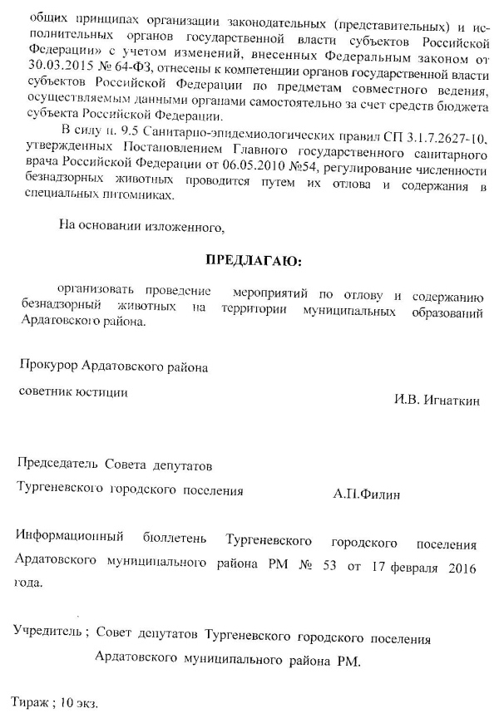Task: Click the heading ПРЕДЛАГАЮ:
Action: [254, 262]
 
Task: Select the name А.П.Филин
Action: [366, 495]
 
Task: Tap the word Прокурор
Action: [48, 366]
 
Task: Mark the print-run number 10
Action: [68, 703]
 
